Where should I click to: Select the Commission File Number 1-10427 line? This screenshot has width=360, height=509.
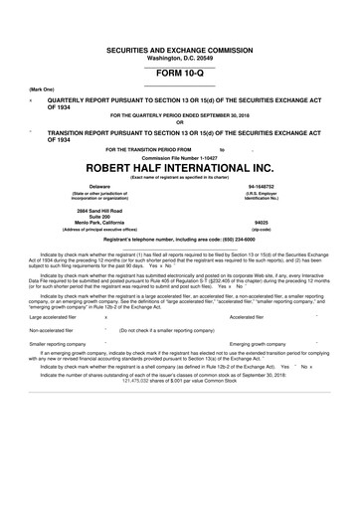[x=179, y=157]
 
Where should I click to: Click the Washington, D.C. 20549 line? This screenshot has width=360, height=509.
[x=179, y=57]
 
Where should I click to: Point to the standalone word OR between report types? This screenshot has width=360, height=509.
[x=179, y=123]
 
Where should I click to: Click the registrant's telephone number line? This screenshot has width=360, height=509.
[x=179, y=241]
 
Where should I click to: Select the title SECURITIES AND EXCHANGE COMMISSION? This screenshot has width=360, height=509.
[x=179, y=49]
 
